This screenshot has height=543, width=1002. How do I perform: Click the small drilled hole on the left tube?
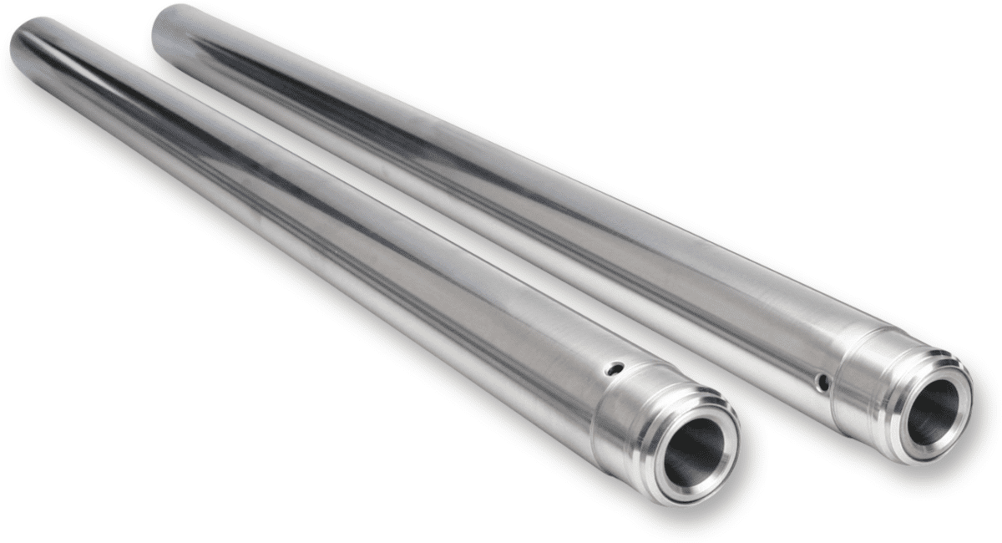(x=615, y=367)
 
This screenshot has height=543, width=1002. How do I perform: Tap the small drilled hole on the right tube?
(x=822, y=383)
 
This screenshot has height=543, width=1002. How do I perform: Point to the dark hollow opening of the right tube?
(x=933, y=411)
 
